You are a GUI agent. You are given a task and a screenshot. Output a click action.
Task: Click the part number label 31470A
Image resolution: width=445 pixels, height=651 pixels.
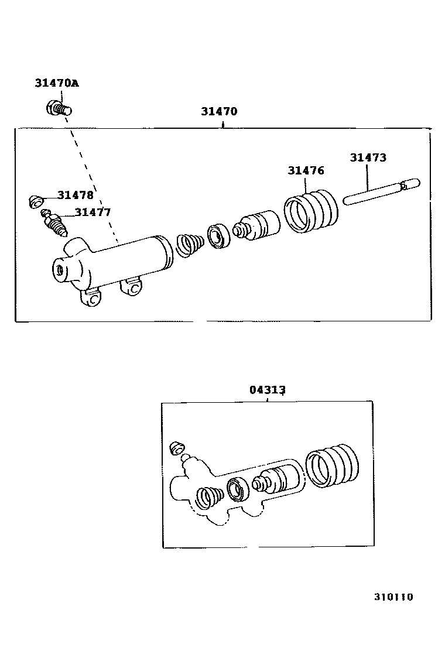[x=56, y=83]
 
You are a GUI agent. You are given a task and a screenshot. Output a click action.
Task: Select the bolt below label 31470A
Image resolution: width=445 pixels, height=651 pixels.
[x=58, y=108]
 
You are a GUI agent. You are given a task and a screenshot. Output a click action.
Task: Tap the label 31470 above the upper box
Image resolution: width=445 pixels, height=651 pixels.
[x=219, y=111]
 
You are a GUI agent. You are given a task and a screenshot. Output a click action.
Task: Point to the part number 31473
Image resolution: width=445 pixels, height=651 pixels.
[x=368, y=157]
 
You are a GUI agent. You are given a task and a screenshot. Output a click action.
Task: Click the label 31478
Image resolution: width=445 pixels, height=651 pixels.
[x=75, y=195]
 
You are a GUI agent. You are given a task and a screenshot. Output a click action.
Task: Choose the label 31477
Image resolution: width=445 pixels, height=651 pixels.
[x=92, y=213]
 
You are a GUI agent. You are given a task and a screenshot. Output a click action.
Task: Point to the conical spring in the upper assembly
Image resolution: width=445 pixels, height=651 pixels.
[x=190, y=244]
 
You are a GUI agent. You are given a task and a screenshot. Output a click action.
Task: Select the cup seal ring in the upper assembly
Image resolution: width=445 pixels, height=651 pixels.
[x=217, y=235]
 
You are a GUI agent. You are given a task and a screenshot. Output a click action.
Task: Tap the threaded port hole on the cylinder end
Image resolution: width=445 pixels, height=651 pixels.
[x=59, y=270]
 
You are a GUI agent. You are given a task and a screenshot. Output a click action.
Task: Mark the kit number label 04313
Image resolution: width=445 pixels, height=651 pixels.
[x=268, y=390]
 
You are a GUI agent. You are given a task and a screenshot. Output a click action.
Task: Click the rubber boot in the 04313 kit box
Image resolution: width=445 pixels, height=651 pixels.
[x=332, y=466]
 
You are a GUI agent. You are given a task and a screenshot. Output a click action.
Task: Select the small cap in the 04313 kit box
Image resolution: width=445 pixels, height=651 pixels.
[x=175, y=449]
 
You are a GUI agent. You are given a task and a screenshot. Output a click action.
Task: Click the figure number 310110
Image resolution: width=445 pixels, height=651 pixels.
[x=394, y=597]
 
